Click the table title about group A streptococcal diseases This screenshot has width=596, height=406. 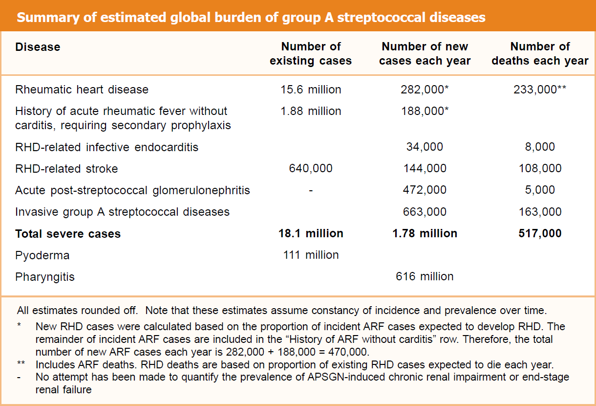point(251,18)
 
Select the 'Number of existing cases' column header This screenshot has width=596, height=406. point(311,54)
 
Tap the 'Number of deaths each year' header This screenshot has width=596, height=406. point(540,54)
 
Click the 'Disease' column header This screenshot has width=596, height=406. point(38,47)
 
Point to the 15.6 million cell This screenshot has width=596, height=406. point(311,90)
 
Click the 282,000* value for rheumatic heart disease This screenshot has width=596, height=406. point(425,90)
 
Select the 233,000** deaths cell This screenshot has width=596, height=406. point(540,90)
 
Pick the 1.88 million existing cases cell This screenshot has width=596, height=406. point(311,111)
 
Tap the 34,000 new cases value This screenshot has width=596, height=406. point(425,147)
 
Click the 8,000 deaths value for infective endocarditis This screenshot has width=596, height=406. point(540,147)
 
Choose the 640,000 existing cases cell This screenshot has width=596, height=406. point(311,168)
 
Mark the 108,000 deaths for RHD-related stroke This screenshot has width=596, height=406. point(540,168)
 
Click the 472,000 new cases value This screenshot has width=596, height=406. point(425,190)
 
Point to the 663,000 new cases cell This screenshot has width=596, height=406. point(425,212)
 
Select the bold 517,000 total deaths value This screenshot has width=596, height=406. point(540,233)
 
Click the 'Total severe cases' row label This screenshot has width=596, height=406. point(68,234)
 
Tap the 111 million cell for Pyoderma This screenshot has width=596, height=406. point(311,255)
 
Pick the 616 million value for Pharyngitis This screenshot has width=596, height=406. point(425,276)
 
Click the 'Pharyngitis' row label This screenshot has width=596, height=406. point(45,277)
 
